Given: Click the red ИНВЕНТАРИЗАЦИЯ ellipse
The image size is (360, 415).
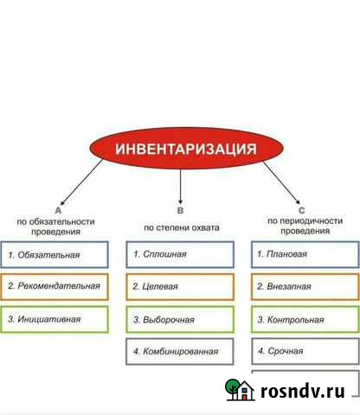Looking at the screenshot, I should click(180, 149).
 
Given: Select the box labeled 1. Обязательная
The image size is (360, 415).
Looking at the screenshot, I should click(55, 254).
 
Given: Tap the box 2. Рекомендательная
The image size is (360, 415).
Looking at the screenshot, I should click(55, 286).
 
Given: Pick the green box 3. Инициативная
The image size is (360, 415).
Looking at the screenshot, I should click(55, 319).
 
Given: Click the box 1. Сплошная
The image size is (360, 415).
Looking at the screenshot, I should click(180, 254).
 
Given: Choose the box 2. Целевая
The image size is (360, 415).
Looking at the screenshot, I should click(180, 286).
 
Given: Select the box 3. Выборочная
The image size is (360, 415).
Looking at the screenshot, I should click(180, 319).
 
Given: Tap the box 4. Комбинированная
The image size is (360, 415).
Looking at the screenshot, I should click(180, 352).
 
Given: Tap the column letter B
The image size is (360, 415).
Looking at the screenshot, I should click(180, 210).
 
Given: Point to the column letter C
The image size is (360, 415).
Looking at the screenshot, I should click(300, 210).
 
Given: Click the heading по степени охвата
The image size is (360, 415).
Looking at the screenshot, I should click(182, 227).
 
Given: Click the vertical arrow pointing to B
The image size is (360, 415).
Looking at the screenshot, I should click(180, 185).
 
